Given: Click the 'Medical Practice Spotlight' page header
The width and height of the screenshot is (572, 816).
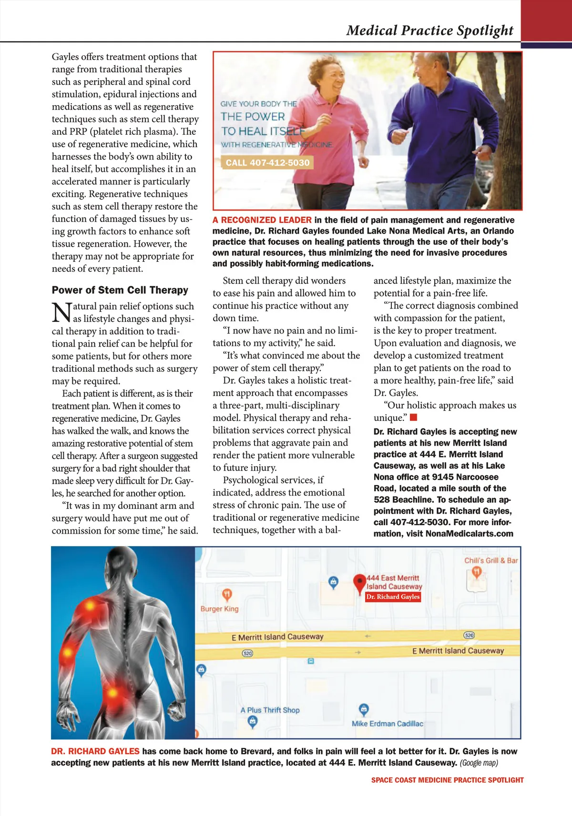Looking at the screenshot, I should point(429,30).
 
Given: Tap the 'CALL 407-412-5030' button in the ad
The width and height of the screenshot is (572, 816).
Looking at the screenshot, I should point(267,163).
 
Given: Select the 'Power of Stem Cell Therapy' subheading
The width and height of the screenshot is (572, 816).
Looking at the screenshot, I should point(120,290).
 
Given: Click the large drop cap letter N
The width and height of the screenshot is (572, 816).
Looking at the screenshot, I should point(61,313).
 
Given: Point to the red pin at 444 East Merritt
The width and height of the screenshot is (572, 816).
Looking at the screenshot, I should point(359,582).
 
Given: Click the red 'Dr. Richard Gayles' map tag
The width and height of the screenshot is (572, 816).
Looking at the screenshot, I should point(393,597).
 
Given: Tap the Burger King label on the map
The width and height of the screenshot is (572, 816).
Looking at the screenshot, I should point(219,609).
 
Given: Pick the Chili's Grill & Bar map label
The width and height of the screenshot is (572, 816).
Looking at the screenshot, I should point(491,561).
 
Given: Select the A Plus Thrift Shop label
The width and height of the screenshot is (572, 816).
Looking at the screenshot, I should point(270,710).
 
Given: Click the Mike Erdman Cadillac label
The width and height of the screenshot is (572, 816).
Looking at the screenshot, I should point(387,724).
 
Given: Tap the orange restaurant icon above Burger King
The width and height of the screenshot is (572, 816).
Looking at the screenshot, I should point(227,594).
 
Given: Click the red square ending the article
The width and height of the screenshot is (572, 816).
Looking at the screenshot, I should point(414,418).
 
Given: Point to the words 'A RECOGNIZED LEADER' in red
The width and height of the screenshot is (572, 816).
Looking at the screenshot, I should point(262,220).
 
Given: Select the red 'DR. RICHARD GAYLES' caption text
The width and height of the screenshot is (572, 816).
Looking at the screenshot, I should point(95,751).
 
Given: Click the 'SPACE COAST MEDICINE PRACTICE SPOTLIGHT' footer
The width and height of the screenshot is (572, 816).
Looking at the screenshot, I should point(447,780).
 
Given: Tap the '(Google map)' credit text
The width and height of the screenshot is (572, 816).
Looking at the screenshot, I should point(479,763).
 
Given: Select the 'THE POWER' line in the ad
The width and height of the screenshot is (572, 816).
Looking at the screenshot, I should point(253,117).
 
